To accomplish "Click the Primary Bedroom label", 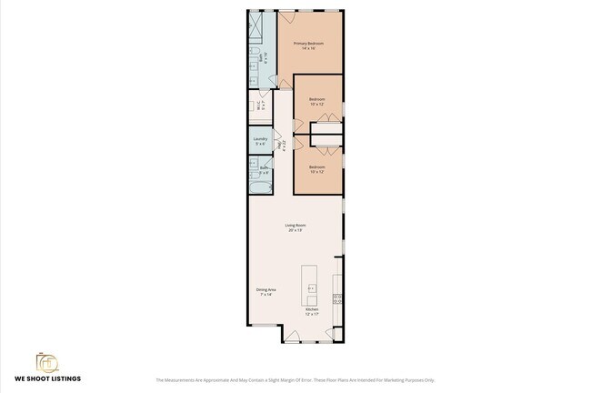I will (x=309, y=43).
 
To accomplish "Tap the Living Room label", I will (x=295, y=225).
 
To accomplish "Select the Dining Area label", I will (x=266, y=289).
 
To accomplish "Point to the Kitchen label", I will (x=312, y=309).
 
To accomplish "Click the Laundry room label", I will (x=260, y=139).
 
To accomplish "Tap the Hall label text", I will (x=279, y=144).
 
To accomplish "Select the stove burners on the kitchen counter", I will (x=336, y=297).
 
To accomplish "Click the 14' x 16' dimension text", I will (x=308, y=48).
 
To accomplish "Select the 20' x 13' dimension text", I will (x=295, y=230).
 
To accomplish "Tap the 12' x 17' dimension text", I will (x=312, y=314).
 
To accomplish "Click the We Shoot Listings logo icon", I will (x=45, y=361).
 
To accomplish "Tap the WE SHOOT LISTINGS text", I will (x=46, y=378).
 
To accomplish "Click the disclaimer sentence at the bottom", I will (x=295, y=380).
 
